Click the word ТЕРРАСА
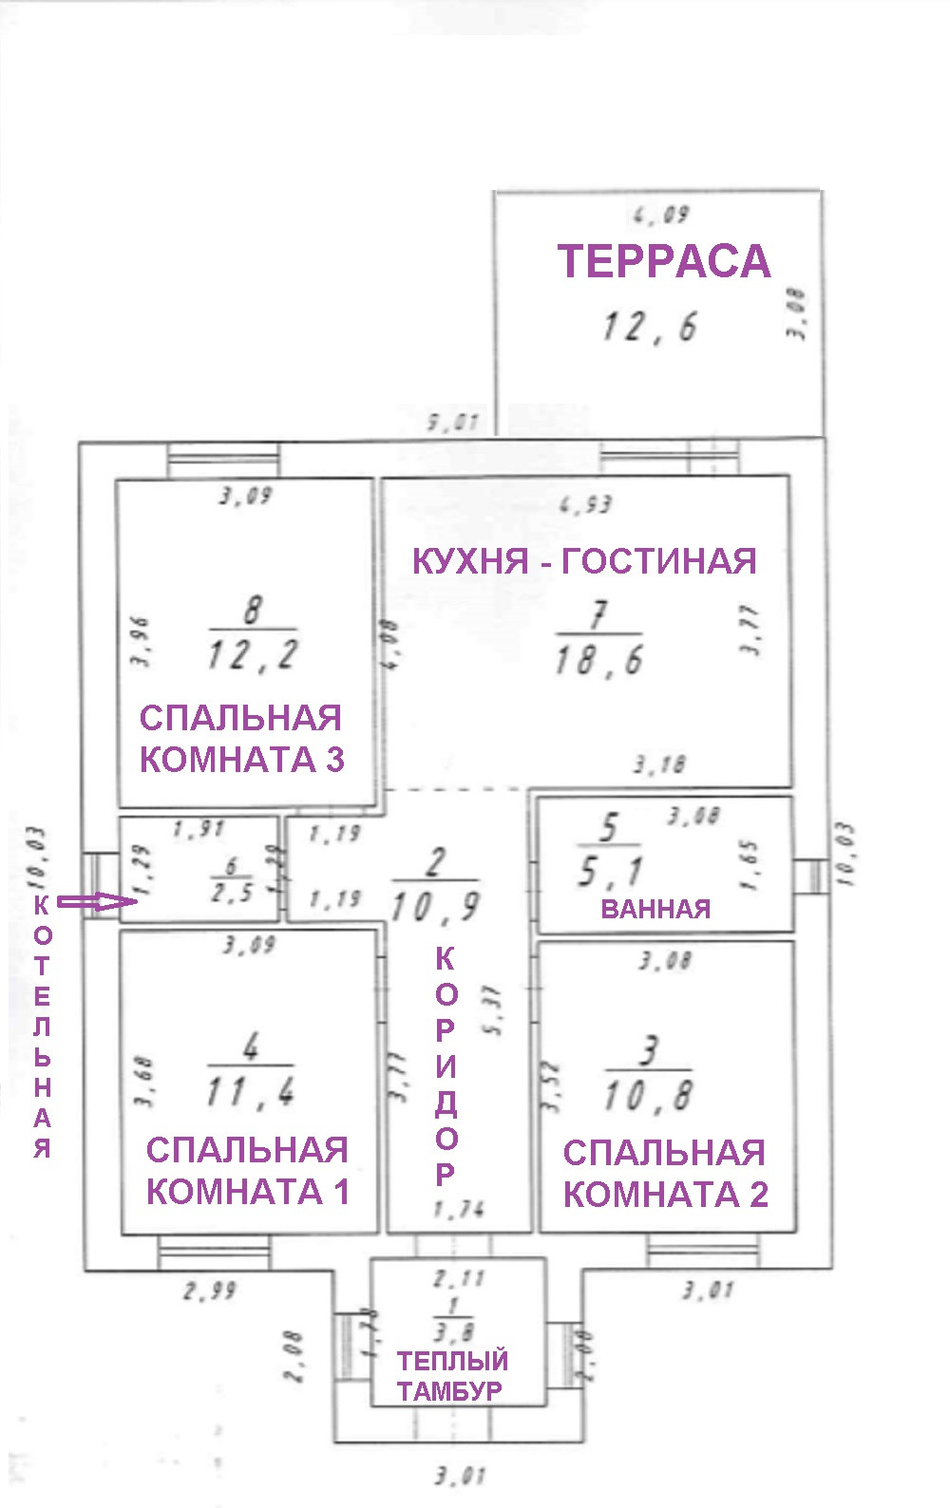point(663,262)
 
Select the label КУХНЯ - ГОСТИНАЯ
point(584,561)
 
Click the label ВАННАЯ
point(655,909)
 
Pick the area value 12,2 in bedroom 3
point(253,654)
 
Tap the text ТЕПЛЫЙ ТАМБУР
point(451,1376)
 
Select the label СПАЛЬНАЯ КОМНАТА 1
point(247,1171)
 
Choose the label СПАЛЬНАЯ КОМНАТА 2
point(665,1174)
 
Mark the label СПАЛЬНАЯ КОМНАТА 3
point(241,739)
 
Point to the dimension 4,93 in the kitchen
point(586,504)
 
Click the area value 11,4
point(251,1092)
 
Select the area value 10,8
point(649,1097)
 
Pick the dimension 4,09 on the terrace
point(661,216)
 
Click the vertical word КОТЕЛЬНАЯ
point(42,1026)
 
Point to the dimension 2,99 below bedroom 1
point(210,1291)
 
